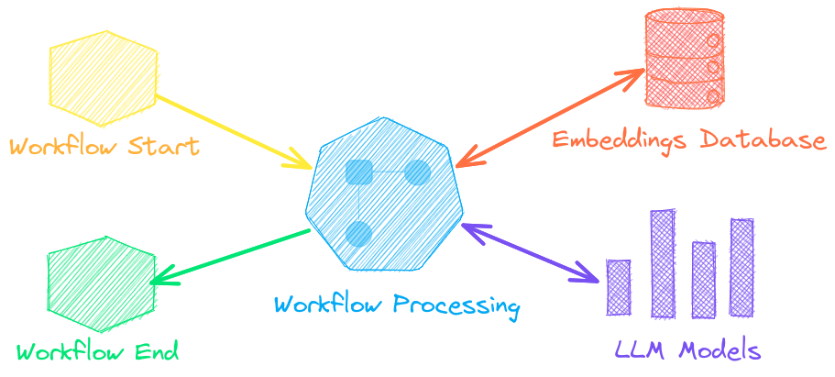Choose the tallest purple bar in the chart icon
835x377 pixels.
[x=663, y=263]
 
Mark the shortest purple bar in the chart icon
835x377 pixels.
[x=620, y=288]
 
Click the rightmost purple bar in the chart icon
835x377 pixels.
[x=742, y=267]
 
